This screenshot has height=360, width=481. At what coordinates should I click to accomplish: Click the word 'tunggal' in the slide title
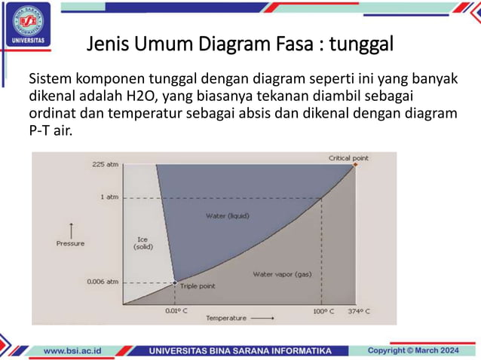363,44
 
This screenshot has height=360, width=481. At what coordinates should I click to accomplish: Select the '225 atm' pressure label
106,164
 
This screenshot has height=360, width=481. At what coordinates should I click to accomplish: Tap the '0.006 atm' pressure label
103,282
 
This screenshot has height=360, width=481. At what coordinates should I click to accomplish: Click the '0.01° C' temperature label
176,310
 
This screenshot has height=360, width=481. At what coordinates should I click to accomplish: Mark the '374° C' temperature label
360,310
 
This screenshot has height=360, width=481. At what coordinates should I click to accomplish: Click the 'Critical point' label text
349,158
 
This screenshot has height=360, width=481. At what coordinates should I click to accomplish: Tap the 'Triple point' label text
198,287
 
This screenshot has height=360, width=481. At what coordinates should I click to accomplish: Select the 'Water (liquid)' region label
228,216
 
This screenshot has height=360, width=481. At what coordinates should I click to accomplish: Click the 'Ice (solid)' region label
142,243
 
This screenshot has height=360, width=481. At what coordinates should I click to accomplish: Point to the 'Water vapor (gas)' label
282,274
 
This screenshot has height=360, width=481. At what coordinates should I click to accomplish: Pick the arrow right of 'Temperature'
262,319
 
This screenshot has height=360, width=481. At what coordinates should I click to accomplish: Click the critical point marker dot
355,164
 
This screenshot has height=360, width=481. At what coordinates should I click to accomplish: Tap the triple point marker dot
175,282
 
